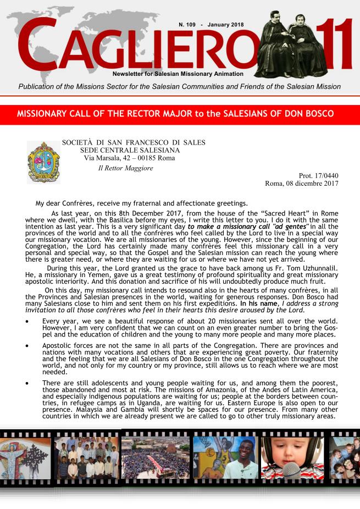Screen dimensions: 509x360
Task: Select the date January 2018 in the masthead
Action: click(x=227, y=26)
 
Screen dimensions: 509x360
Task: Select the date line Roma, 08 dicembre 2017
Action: click(x=302, y=184)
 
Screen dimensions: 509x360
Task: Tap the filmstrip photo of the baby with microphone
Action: click(x=292, y=458)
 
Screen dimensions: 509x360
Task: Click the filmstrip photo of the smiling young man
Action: click(x=224, y=457)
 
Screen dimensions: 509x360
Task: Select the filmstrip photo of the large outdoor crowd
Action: click(x=155, y=457)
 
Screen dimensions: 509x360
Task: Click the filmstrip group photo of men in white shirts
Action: click(x=86, y=457)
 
